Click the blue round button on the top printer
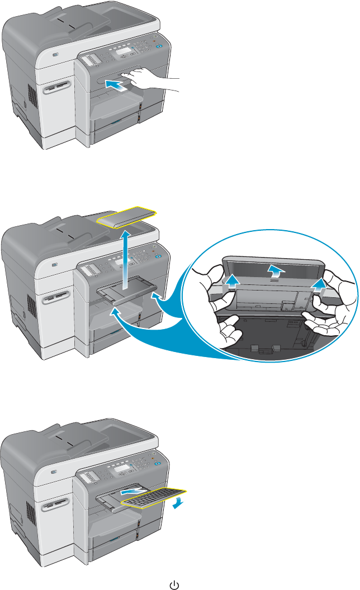pos(160,47)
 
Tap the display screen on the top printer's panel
pos(123,52)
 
